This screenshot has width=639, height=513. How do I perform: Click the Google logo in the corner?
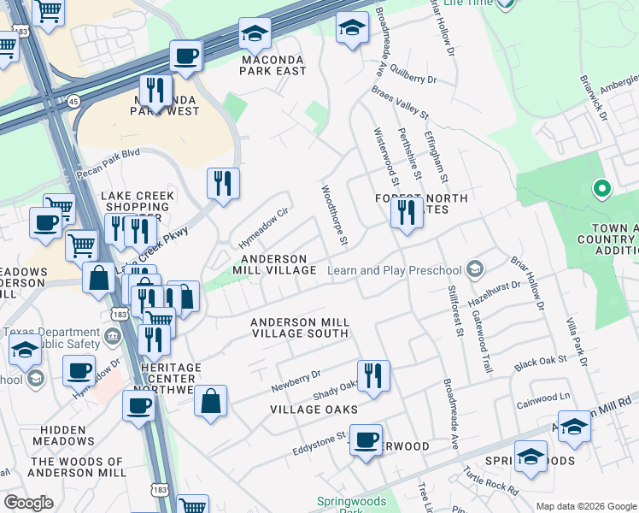[x=27, y=503]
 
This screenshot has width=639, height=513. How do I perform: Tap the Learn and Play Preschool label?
[x=395, y=271]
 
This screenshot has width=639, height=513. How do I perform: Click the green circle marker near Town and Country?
[x=601, y=188]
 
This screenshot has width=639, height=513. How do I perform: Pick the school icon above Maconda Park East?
[x=255, y=34]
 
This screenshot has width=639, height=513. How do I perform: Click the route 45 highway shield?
[x=73, y=101]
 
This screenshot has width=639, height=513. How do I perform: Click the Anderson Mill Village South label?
[x=299, y=327]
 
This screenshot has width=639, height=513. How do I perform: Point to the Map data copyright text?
[x=585, y=506]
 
